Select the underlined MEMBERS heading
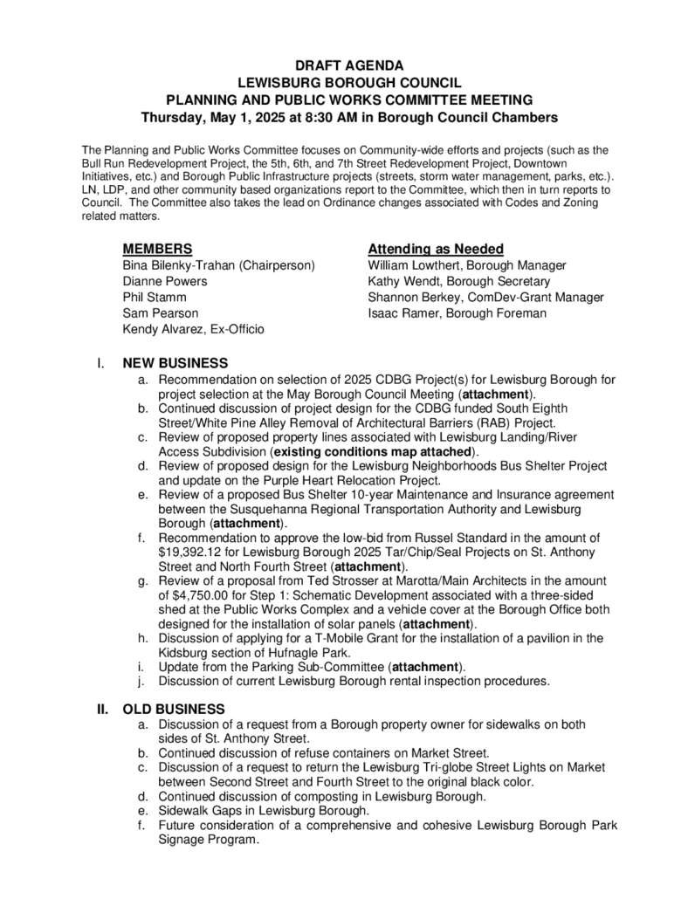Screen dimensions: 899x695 click(x=157, y=249)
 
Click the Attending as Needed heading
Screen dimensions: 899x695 click(x=436, y=249)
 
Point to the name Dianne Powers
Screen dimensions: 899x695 click(x=165, y=281)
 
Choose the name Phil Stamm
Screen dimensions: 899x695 click(x=154, y=297)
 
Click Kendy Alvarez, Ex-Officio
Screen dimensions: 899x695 click(x=194, y=329)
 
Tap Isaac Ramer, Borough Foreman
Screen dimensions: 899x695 click(x=458, y=313)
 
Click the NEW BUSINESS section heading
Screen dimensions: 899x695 click(x=175, y=363)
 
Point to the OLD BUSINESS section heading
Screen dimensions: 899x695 click(x=174, y=708)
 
